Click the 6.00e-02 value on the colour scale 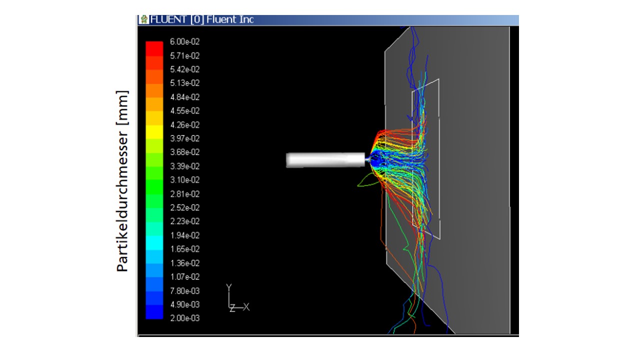pyautogui.click(x=185, y=41)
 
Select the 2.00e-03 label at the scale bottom pyautogui.click(x=185, y=318)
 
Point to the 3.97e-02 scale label pyautogui.click(x=185, y=138)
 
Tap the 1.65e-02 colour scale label pyautogui.click(x=185, y=249)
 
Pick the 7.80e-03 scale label pyautogui.click(x=185, y=291)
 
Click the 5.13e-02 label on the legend pyautogui.click(x=185, y=83)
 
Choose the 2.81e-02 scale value pyautogui.click(x=185, y=194)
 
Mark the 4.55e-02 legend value pyautogui.click(x=185, y=111)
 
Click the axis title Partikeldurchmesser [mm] pyautogui.click(x=122, y=181)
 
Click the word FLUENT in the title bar pyautogui.click(x=168, y=19)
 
